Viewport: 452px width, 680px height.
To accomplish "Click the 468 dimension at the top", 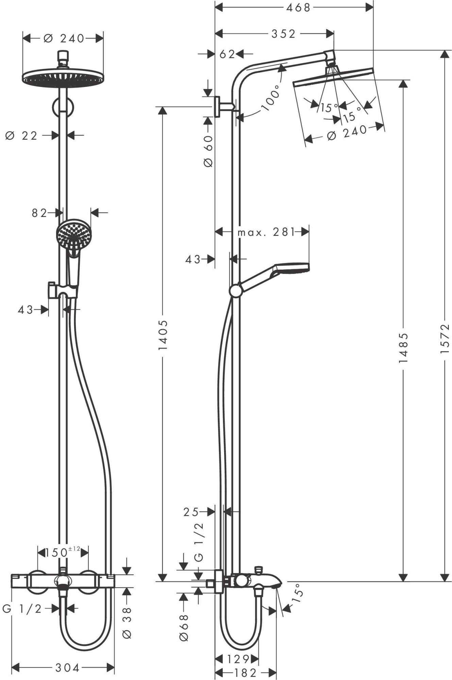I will [x=298, y=7].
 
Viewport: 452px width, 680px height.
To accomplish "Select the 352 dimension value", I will [x=283, y=34].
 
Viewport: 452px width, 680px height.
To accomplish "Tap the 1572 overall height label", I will [x=445, y=338].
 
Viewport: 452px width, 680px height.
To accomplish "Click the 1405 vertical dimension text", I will [x=163, y=335].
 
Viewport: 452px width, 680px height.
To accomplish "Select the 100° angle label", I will [x=271, y=98].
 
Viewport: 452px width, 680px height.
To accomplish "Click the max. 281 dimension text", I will [x=266, y=232].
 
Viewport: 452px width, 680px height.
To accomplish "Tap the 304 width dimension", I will [x=67, y=668].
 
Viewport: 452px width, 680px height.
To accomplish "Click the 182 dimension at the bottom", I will [x=245, y=673].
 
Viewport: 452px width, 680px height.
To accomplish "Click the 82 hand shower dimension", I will [x=39, y=213].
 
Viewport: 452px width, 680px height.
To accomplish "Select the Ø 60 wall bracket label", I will [x=208, y=151].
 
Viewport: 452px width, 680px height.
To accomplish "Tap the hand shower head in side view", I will [x=292, y=267].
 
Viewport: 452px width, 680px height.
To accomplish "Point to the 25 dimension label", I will [x=190, y=512].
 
